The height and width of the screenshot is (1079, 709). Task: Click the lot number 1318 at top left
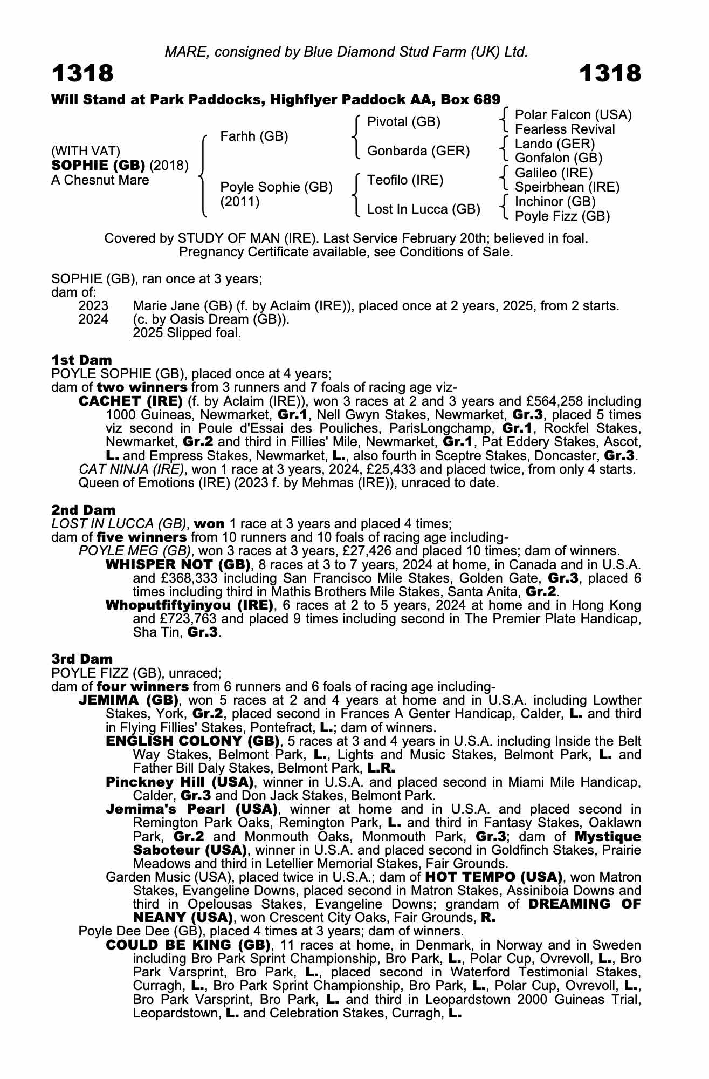(x=82, y=73)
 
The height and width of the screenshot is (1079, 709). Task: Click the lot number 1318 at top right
(x=610, y=73)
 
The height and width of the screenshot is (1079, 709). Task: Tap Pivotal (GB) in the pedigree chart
(x=403, y=122)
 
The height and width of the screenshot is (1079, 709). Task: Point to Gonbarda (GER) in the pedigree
(x=418, y=151)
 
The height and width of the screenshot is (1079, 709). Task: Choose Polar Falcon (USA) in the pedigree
(x=573, y=115)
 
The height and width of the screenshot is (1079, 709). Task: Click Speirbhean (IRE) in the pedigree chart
(x=567, y=187)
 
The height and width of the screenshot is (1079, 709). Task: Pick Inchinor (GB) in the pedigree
(x=555, y=202)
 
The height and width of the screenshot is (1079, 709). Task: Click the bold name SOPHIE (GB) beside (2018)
(x=98, y=165)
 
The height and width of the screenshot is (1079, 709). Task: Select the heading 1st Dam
(x=81, y=360)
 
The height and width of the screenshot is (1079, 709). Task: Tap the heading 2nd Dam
(x=83, y=510)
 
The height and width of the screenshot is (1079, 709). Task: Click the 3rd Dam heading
(x=82, y=659)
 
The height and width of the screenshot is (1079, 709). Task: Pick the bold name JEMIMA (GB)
(x=128, y=700)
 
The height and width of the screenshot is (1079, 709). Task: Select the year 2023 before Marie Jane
(x=93, y=306)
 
